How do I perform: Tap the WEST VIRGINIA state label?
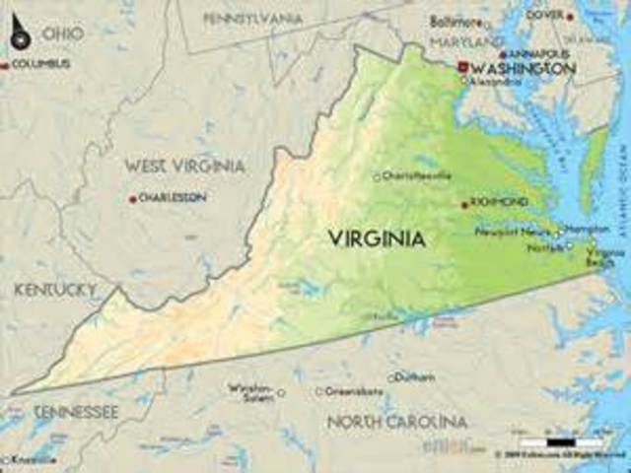tap(184, 166)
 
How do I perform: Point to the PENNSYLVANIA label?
tap(254, 19)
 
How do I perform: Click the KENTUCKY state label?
tap(55, 290)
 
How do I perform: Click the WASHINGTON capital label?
tap(524, 68)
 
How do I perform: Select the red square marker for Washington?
tap(461, 67)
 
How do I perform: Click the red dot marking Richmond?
tap(464, 204)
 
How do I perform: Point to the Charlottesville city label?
tap(418, 175)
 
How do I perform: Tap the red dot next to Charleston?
tap(132, 198)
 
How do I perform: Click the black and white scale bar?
tap(547, 442)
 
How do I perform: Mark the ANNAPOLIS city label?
tap(539, 53)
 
